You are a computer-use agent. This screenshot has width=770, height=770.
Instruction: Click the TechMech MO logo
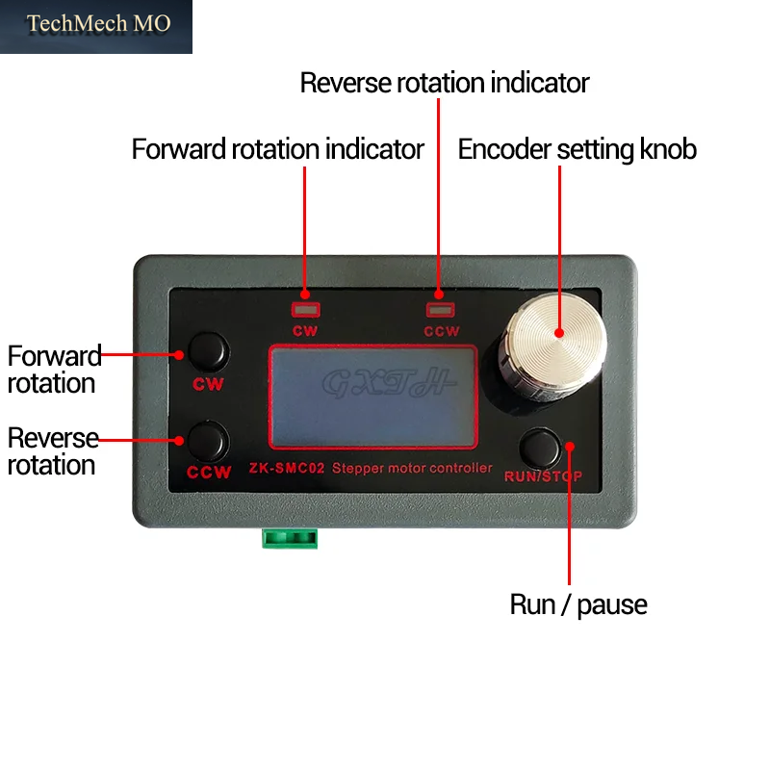pyautogui.click(x=95, y=27)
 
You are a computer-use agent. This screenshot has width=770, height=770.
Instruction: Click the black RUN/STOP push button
pyautogui.click(x=540, y=448)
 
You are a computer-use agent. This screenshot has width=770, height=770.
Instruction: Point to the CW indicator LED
pyautogui.click(x=305, y=310)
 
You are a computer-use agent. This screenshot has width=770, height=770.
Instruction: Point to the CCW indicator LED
pyautogui.click(x=440, y=309)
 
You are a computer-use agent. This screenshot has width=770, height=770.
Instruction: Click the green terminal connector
pyautogui.click(x=290, y=538)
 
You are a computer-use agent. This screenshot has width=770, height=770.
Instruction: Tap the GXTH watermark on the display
pyautogui.click(x=389, y=382)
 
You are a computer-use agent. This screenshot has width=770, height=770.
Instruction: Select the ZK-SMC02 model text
pyautogui.click(x=286, y=468)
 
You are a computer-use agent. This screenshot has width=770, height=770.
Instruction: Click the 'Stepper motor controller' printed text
pyautogui.click(x=412, y=468)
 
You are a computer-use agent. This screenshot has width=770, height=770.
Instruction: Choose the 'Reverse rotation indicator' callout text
pyautogui.click(x=445, y=83)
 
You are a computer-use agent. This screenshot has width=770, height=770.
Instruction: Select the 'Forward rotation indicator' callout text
pyautogui.click(x=277, y=149)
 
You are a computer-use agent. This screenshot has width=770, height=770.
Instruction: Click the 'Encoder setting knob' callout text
pyautogui.click(x=577, y=149)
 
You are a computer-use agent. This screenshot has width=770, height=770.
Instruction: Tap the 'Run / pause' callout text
pyautogui.click(x=578, y=604)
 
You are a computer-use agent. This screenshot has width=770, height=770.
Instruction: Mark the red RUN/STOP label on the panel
pyautogui.click(x=543, y=476)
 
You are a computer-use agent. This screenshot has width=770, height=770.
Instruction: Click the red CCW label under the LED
pyautogui.click(x=442, y=331)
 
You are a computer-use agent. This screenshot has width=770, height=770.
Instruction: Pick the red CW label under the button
pyautogui.click(x=208, y=384)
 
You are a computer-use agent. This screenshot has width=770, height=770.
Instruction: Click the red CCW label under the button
pyautogui.click(x=209, y=473)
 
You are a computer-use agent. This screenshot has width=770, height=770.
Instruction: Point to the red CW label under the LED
pyautogui.click(x=305, y=331)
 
